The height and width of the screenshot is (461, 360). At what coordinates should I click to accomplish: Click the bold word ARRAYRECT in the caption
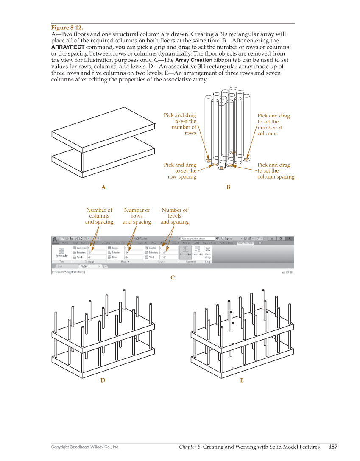68,47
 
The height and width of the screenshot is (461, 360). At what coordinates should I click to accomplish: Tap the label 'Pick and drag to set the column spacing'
276,171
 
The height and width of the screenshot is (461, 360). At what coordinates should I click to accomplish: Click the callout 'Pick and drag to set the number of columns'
273,124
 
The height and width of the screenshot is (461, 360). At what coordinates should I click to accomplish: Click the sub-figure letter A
103,187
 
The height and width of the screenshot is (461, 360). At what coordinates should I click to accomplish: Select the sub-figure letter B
228,187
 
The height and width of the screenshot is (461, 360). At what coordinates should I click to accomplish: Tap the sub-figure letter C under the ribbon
173,278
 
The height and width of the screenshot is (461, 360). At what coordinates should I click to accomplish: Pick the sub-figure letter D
103,380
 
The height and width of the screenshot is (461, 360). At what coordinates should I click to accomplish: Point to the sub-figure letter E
242,380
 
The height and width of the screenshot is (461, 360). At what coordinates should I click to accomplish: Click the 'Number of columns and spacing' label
99,216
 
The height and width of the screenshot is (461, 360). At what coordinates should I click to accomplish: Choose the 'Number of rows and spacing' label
137,216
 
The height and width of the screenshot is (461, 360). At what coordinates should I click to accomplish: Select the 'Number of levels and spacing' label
174,216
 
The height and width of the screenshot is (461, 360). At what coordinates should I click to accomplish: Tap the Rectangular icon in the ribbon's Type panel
62,252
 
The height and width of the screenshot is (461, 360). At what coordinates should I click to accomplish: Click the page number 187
333,447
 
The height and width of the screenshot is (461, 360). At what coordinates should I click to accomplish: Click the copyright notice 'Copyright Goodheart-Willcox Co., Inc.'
85,447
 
